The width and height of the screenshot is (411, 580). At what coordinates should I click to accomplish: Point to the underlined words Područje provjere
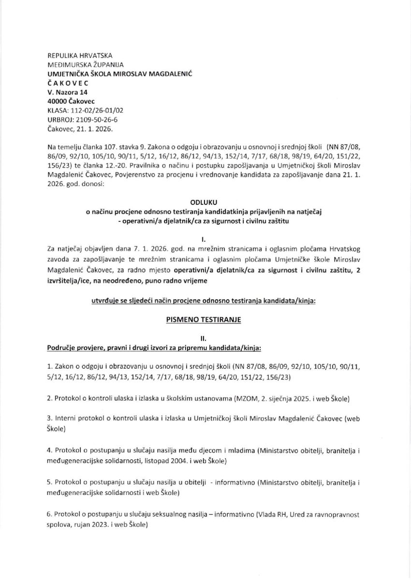pyautogui.click(x=74, y=348)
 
